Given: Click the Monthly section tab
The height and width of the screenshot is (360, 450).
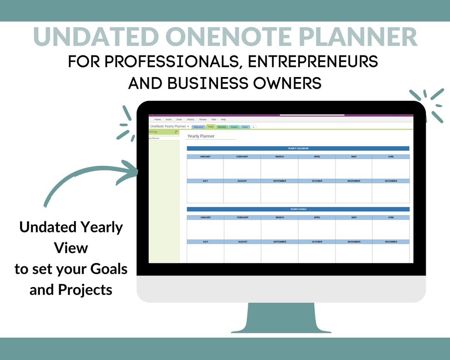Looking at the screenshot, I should pyautogui.click(x=222, y=127).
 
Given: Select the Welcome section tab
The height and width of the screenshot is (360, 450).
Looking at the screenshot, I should pyautogui.click(x=198, y=127).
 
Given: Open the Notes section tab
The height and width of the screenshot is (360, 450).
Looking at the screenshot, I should pyautogui.click(x=245, y=127).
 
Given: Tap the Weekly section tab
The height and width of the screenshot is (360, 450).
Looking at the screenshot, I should pyautogui.click(x=234, y=127).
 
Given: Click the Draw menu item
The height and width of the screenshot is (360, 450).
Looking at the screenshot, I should pyautogui.click(x=179, y=120).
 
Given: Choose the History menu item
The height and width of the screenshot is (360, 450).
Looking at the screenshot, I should pyautogui.click(x=190, y=120).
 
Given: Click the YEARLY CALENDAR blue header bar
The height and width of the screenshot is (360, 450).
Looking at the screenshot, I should pyautogui.click(x=298, y=148).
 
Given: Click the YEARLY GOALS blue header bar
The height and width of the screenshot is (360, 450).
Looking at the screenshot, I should pyautogui.click(x=298, y=209).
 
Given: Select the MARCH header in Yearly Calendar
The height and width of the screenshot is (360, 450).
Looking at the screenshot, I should pyautogui.click(x=280, y=157).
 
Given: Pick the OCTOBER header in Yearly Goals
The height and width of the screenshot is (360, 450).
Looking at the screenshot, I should pyautogui.click(x=317, y=242).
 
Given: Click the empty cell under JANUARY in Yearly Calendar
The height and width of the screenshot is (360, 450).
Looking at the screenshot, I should pyautogui.click(x=205, y=168).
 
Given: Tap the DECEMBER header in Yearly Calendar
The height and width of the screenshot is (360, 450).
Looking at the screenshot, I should pyautogui.click(x=391, y=181).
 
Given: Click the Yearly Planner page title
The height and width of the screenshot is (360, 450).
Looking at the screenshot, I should pyautogui.click(x=201, y=136).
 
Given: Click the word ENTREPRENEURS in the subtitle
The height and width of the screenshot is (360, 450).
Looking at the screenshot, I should pyautogui.click(x=312, y=62).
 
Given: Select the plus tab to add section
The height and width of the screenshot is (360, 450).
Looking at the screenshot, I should pyautogui.click(x=253, y=127).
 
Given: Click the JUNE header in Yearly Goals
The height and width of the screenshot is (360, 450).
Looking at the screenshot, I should pyautogui.click(x=391, y=217).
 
